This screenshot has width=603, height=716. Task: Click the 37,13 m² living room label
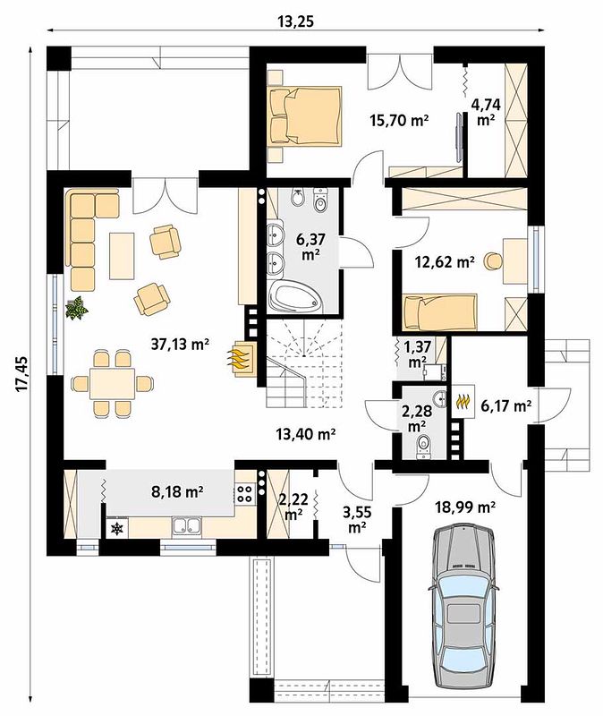pos(180,345)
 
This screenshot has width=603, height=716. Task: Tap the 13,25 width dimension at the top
pos(296,21)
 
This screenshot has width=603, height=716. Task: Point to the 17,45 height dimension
pos(21,374)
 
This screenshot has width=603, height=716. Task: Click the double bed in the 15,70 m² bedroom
pos(305,116)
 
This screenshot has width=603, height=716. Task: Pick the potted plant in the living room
pos(76,308)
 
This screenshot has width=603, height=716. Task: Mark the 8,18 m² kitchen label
pos(177,491)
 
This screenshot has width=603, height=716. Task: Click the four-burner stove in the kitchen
pos(245,494)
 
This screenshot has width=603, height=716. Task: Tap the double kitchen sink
pos(186,527)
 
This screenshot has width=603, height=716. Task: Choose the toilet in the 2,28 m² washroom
pos(423,446)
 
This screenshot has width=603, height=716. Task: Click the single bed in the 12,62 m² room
pos(440,312)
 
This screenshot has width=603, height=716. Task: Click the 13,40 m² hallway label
pos(306,434)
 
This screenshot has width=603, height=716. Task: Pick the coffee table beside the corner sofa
pos(122,256)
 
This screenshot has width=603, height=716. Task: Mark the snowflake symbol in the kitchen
pos(118,529)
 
